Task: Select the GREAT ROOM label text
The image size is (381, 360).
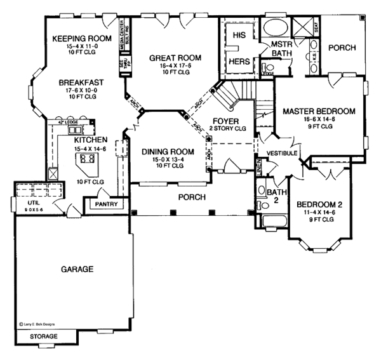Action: point(175,58)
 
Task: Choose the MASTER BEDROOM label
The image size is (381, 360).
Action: point(319,110)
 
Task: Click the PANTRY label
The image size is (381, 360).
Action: point(103,204)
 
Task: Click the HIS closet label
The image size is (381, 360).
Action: point(239,34)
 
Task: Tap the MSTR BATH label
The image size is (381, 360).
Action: point(280,49)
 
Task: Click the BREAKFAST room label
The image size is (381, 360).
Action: point(77,82)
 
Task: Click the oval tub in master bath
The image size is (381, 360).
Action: point(274,29)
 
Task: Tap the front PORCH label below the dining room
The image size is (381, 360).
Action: point(192,197)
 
